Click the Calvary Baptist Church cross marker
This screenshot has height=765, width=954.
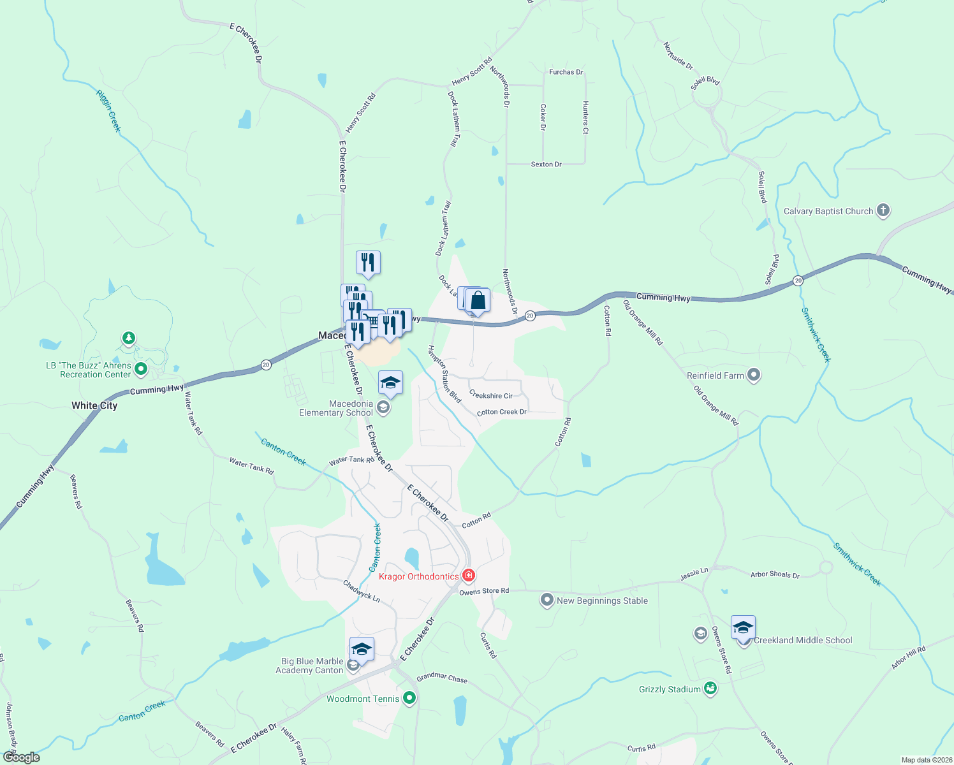click(x=883, y=210)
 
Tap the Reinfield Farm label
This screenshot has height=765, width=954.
click(x=715, y=375)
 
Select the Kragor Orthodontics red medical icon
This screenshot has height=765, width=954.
click(x=469, y=576)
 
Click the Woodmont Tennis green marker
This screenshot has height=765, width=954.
click(x=409, y=698)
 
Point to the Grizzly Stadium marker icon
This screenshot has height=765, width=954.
click(x=710, y=688)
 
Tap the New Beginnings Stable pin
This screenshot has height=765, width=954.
click(x=547, y=600)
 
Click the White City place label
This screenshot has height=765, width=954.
click(x=94, y=405)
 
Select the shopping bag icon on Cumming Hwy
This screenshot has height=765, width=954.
click(x=478, y=300)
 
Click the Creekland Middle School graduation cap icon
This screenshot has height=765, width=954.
click(x=743, y=628)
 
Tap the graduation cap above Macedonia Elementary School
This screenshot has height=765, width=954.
click(x=390, y=383)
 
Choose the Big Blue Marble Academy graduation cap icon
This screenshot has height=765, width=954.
click(x=362, y=650)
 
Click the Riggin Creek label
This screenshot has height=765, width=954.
click(x=108, y=110)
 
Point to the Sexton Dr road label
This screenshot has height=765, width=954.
click(x=546, y=164)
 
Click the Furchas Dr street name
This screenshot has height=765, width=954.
click(x=566, y=72)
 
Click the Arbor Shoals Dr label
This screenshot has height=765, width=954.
click(x=775, y=574)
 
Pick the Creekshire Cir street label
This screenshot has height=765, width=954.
click(x=491, y=395)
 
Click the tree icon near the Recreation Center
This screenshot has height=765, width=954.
click(x=129, y=337)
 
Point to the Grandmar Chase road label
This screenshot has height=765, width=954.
click(x=442, y=677)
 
